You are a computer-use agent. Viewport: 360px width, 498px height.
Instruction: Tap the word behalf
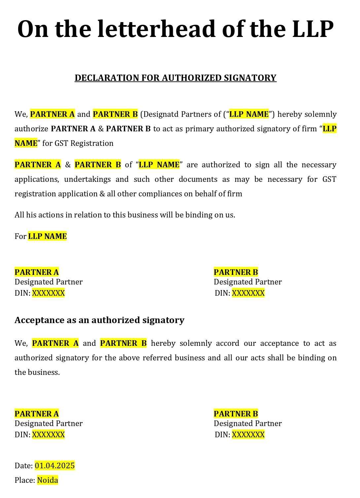206,194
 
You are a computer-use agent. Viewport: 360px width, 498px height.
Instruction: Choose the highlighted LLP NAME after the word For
47,236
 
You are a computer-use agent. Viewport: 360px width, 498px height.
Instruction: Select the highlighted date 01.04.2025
55,466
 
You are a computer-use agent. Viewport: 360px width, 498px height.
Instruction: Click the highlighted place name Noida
48,480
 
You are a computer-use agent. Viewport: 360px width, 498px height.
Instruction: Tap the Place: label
25,480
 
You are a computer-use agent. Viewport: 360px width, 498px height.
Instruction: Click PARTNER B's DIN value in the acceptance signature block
248,435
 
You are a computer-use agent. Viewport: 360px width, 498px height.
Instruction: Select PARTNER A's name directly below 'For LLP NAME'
37,272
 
